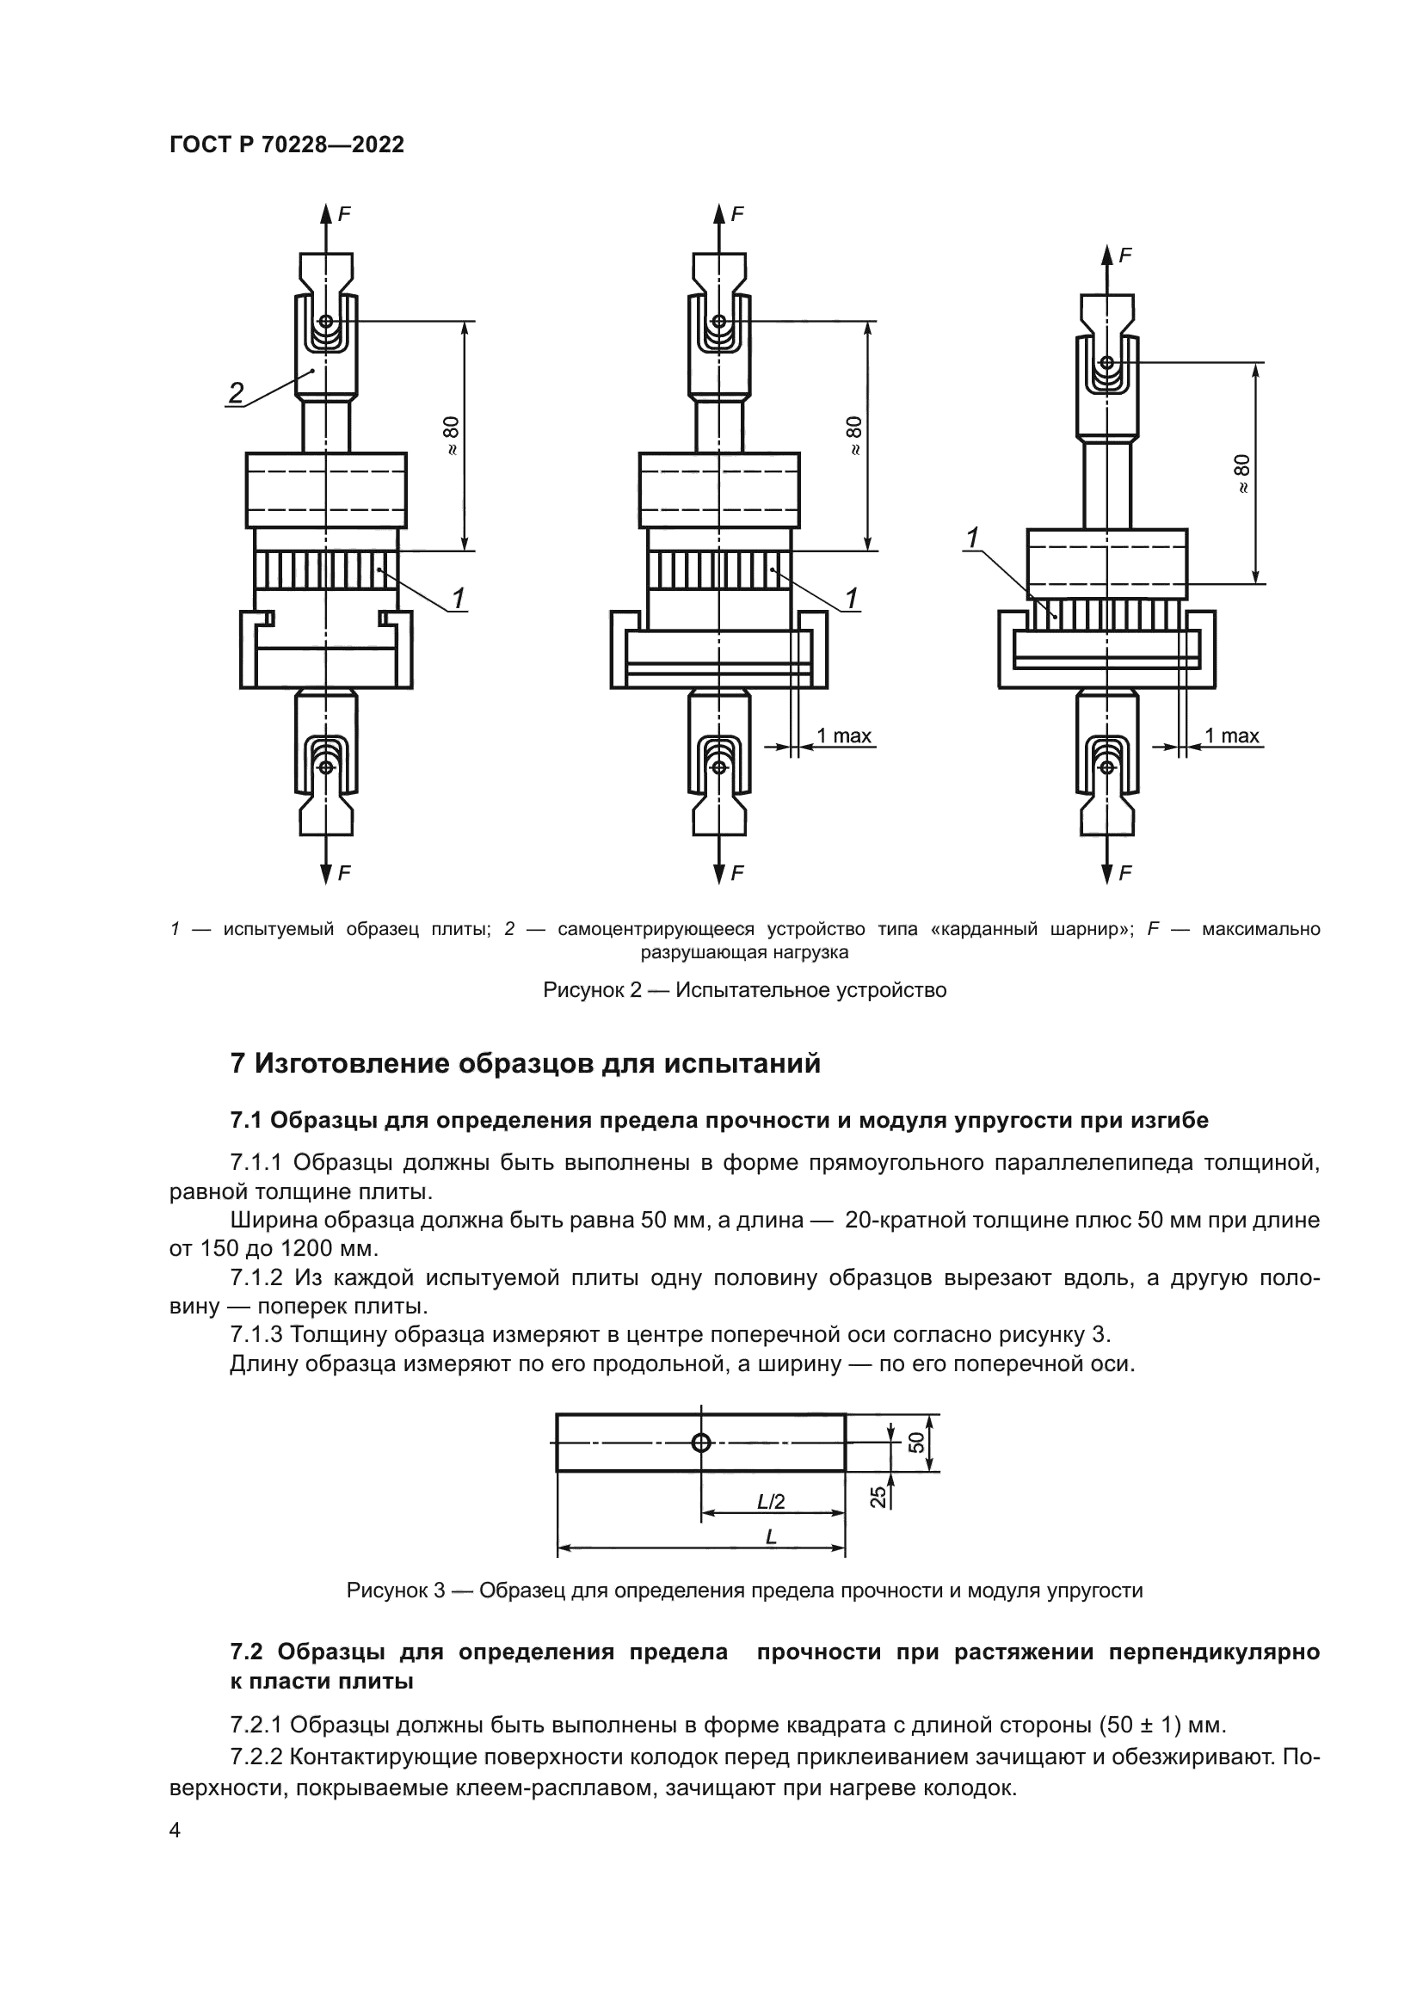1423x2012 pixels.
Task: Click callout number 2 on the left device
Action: pyautogui.click(x=236, y=392)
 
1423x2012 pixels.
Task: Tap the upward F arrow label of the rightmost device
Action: pyautogui.click(x=1126, y=255)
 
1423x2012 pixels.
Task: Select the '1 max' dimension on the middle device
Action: pyautogui.click(x=844, y=736)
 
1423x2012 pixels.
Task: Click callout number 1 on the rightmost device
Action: pyautogui.click(x=971, y=538)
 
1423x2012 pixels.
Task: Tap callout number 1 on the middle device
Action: pyautogui.click(x=850, y=600)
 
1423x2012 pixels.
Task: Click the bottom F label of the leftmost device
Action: pyautogui.click(x=344, y=873)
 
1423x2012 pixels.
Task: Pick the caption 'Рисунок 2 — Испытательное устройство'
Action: pyautogui.click(x=745, y=990)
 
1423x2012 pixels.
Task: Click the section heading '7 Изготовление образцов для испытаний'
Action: pyautogui.click(x=525, y=1064)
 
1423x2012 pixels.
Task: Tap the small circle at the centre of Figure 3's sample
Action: pyautogui.click(x=701, y=1443)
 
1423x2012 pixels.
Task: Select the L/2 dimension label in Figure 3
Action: pyautogui.click(x=771, y=1501)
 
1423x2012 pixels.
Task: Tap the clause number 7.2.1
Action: pyautogui.click(x=255, y=1726)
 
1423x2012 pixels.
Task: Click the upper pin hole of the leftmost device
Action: pyautogui.click(x=326, y=322)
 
